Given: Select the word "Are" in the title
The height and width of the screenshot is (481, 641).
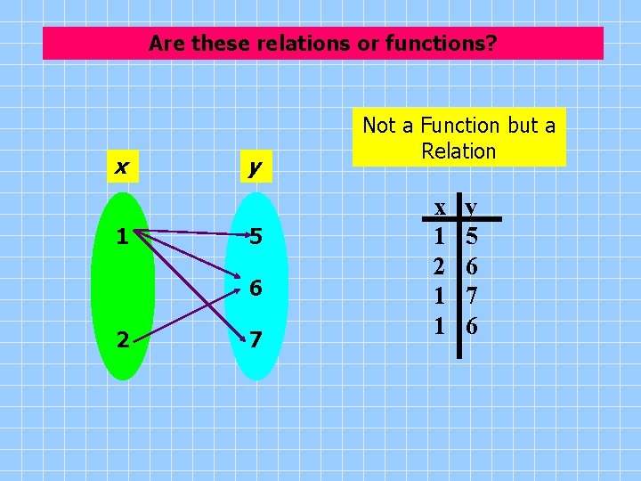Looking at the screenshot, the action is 166,43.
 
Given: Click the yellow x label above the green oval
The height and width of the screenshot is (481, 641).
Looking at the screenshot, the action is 120,166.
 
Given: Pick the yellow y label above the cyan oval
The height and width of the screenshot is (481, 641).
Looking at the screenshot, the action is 255,167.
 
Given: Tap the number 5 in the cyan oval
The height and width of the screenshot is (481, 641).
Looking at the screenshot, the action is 256,237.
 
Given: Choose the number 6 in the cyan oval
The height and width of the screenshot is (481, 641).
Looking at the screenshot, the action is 256,289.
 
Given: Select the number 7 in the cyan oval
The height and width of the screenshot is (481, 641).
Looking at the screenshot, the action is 256,339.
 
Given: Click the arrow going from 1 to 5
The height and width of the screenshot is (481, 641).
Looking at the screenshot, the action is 191,233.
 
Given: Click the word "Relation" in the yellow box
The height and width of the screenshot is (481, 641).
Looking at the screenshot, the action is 458,151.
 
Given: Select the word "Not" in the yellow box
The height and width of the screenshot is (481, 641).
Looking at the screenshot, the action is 379,126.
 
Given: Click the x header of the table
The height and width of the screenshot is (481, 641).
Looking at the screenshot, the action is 440,208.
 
